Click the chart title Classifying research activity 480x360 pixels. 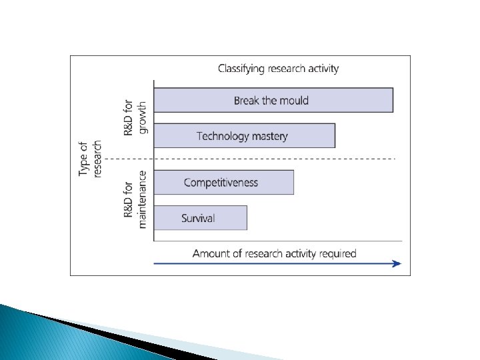click(x=279, y=69)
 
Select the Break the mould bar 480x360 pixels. click(x=273, y=100)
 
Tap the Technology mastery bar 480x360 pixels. click(x=244, y=136)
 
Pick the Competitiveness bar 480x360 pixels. click(x=223, y=182)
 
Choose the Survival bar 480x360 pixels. click(x=200, y=218)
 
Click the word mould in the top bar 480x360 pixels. click(x=294, y=101)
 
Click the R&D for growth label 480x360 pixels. click(x=134, y=118)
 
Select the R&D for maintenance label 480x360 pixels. click(x=134, y=199)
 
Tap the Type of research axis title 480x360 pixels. click(x=90, y=159)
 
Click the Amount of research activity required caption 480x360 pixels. click(x=274, y=253)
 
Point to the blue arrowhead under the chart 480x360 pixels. click(x=397, y=263)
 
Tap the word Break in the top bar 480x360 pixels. click(x=246, y=101)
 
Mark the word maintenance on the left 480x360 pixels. click(x=141, y=199)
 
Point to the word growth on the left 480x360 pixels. click(x=141, y=118)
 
